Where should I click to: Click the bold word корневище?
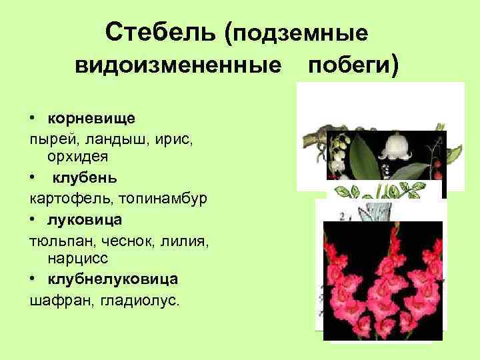(x=91, y=118)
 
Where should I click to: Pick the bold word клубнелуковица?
(x=113, y=277)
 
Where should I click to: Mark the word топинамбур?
(x=153, y=198)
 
